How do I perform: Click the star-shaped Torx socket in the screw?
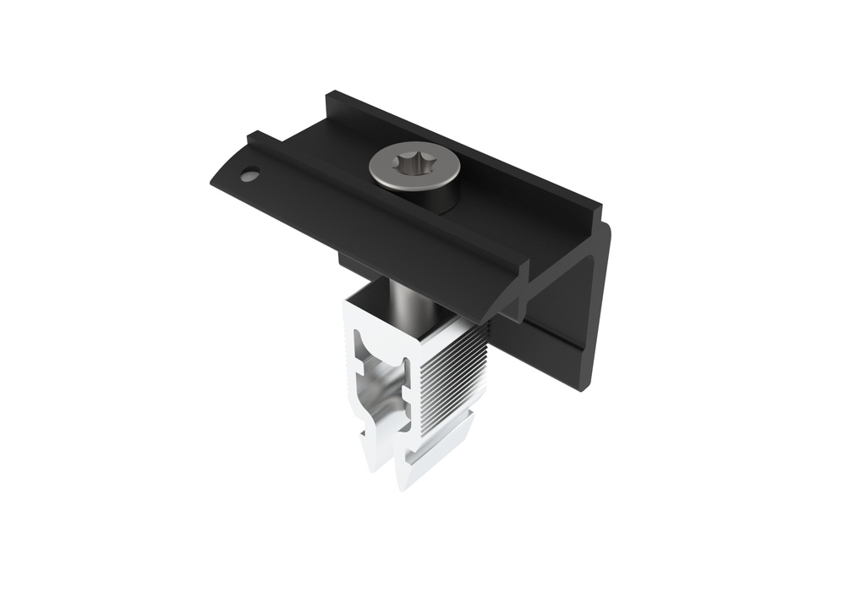coord(414,161)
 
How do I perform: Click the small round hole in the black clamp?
coord(249,175)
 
